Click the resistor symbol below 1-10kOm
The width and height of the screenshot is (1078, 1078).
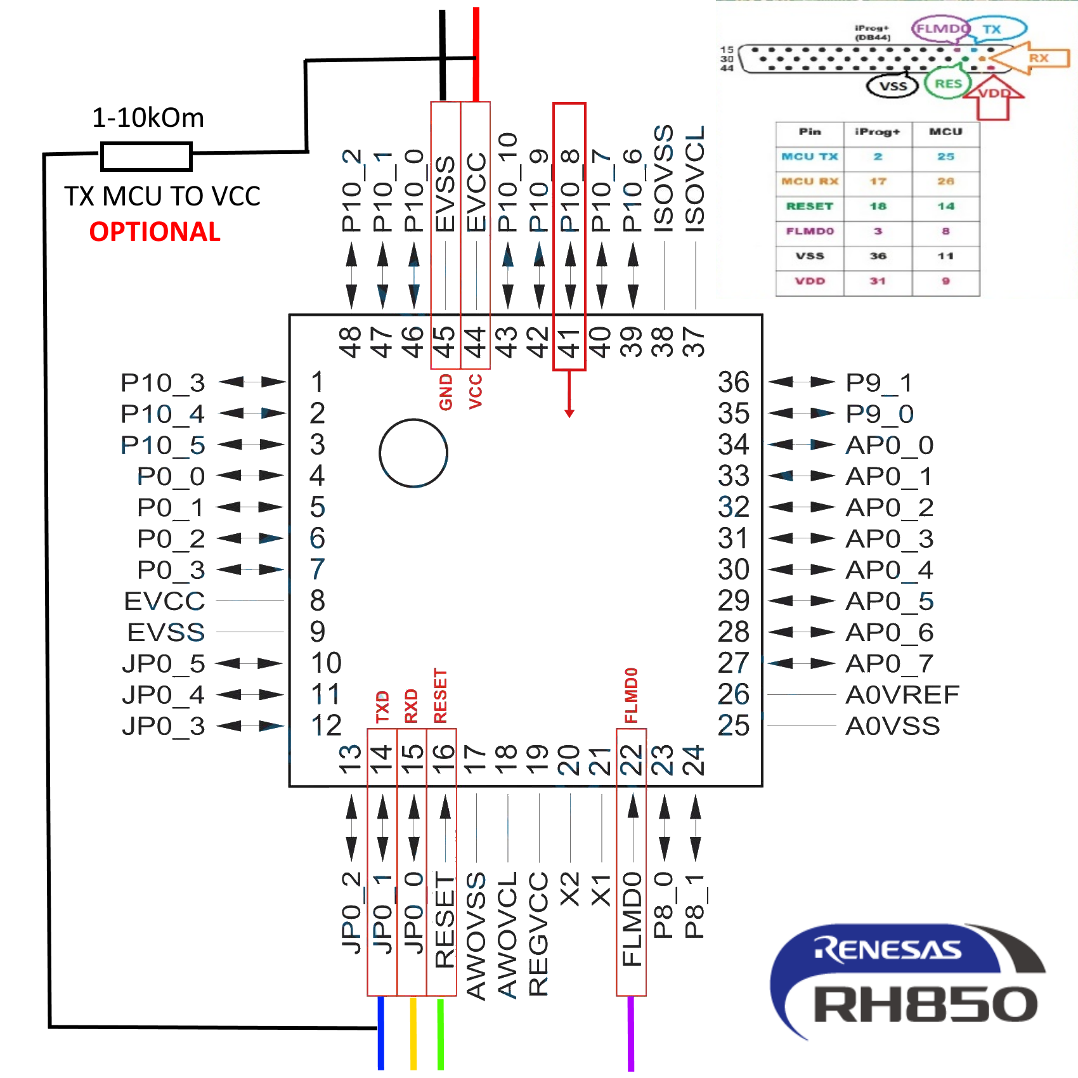146,157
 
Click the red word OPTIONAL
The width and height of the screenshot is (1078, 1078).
155,232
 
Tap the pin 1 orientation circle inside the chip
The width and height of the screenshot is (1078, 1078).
413,453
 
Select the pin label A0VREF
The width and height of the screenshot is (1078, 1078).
902,695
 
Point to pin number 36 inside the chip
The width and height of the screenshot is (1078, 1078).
734,382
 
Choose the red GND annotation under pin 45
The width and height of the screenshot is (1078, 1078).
446,392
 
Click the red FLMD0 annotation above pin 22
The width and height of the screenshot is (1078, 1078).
631,695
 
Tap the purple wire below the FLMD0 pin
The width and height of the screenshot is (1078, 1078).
631,1034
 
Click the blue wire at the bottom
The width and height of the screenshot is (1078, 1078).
381,1034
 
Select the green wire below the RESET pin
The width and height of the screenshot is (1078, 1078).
441,1034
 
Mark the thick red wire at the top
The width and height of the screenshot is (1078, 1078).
476,54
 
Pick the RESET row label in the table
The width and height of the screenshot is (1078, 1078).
810,206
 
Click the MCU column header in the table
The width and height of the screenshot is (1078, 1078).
945,132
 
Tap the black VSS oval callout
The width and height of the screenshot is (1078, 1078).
893,86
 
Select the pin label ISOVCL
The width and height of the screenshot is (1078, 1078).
695,179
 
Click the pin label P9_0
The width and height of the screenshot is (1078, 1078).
880,414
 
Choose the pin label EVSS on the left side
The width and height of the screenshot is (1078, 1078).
166,632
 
